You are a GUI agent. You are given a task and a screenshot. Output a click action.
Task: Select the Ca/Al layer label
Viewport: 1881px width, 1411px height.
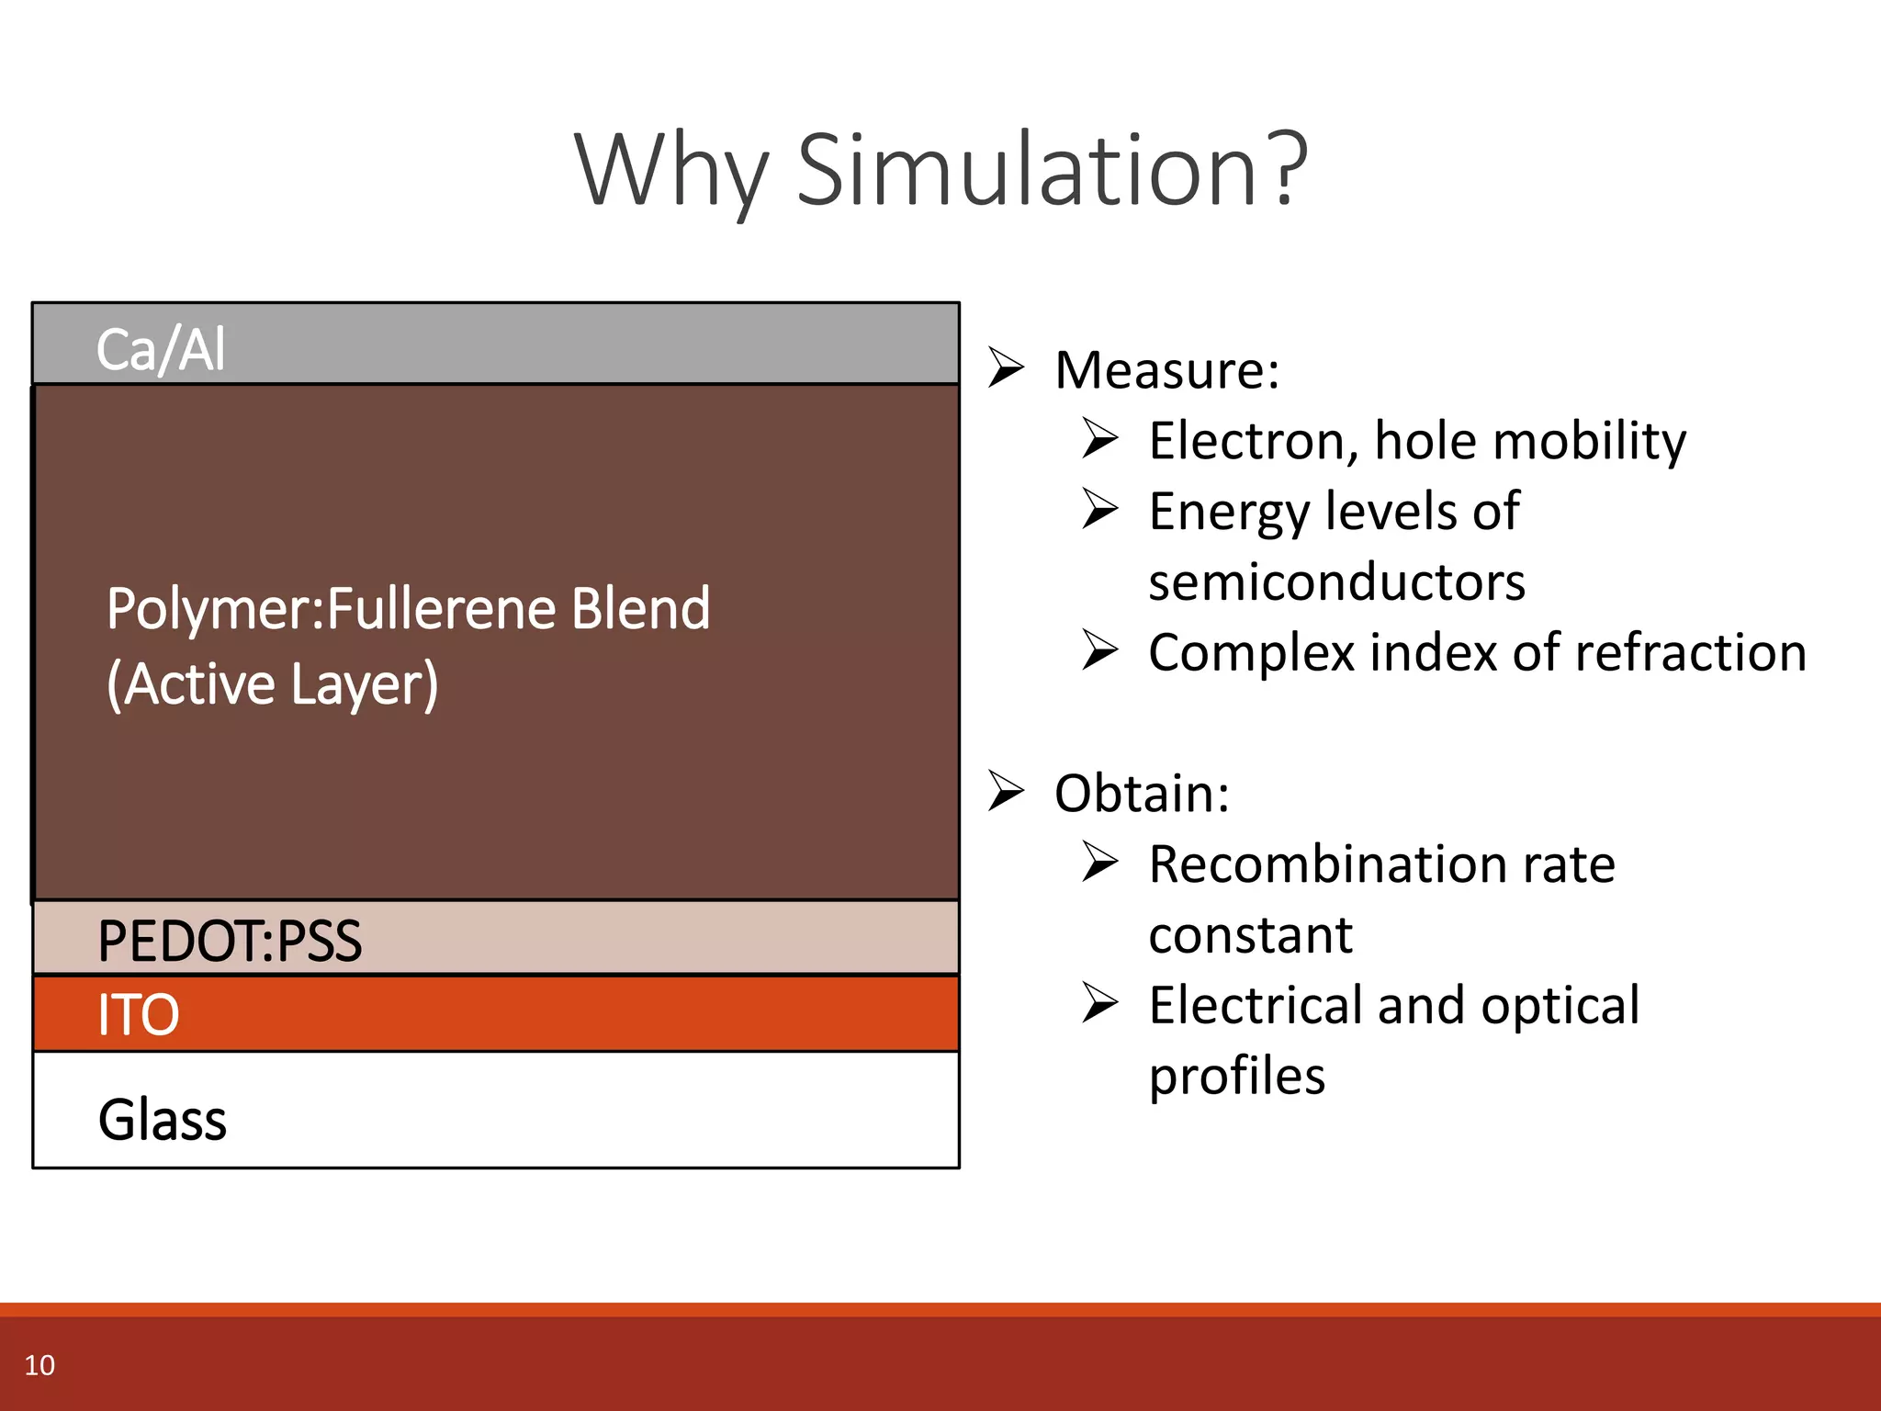(x=161, y=350)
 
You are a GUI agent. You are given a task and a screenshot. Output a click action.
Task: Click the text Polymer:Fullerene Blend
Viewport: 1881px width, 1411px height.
(x=408, y=609)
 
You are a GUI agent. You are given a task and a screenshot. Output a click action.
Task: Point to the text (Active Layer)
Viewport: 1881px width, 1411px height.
(x=272, y=684)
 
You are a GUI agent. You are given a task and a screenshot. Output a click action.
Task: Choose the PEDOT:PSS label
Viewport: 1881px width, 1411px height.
(x=230, y=941)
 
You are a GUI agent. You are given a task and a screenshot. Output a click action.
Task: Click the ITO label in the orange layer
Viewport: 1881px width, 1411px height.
(x=138, y=1015)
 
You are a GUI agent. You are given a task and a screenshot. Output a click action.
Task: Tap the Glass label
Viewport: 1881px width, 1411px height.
(x=162, y=1120)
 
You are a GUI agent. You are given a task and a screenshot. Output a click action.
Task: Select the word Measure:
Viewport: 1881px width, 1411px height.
(x=1166, y=370)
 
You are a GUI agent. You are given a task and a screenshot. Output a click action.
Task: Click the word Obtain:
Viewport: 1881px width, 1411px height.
(x=1142, y=794)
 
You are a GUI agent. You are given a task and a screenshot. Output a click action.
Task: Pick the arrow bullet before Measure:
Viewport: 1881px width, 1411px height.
(x=1006, y=368)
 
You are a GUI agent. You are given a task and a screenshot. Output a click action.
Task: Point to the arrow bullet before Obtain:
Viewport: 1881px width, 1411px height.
(x=1006, y=792)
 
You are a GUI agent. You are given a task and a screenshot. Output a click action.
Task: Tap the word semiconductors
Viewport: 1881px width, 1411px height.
(x=1336, y=582)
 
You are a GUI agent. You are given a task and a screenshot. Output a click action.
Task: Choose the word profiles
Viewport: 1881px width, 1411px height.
(x=1236, y=1076)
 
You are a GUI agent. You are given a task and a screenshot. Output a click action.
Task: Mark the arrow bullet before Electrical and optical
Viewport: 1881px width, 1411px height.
(x=1100, y=1003)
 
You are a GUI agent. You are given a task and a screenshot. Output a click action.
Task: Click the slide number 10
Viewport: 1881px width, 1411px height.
(x=39, y=1365)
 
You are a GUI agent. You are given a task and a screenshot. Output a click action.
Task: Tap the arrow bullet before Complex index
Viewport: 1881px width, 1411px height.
(x=1100, y=650)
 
